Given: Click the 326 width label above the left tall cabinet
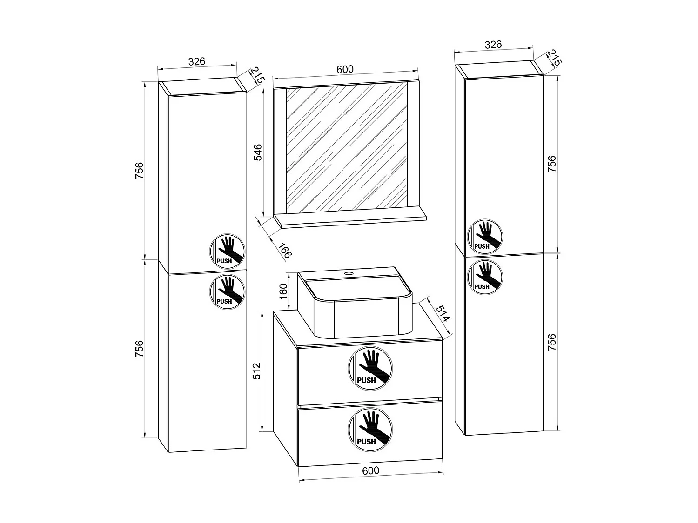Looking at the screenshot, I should [x=196, y=61].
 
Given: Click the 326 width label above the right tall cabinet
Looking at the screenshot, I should [x=493, y=44].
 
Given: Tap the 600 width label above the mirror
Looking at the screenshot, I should [x=345, y=69].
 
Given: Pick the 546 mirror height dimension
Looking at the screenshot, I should [x=257, y=152].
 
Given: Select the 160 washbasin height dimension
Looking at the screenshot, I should [x=284, y=291].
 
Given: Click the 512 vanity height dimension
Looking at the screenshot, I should [x=257, y=371].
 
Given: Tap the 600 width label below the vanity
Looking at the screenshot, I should [x=370, y=470].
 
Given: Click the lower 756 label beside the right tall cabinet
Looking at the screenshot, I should [x=551, y=342].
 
